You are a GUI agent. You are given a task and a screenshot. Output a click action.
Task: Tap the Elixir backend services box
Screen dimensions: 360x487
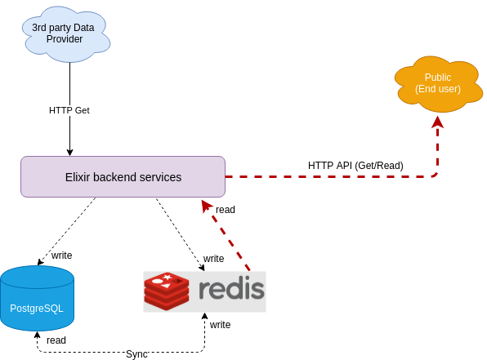click(x=123, y=176)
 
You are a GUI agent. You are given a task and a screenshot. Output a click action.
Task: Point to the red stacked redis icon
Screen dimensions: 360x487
click(x=167, y=290)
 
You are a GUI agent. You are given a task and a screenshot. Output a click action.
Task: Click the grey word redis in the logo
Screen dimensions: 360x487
click(x=231, y=290)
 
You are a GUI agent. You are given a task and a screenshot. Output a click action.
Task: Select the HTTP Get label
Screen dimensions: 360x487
click(x=69, y=110)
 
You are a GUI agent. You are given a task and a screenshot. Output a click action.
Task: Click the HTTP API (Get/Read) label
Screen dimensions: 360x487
click(x=355, y=165)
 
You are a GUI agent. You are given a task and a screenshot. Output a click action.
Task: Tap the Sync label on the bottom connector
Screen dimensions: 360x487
click(x=136, y=354)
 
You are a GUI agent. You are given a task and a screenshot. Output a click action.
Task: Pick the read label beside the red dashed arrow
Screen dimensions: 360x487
click(x=226, y=210)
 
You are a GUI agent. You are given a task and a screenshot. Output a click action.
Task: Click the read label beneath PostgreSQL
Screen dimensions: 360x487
click(x=56, y=340)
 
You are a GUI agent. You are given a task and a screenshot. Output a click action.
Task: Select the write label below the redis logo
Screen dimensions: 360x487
click(x=220, y=324)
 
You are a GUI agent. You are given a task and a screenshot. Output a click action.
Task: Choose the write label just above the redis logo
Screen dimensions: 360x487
click(x=214, y=258)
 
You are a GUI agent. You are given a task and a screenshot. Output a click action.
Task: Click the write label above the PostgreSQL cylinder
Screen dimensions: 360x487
click(x=61, y=256)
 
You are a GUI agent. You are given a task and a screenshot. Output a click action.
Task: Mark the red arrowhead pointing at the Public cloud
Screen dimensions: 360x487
click(x=437, y=122)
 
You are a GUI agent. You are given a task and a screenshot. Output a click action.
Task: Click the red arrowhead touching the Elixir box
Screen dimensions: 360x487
click(x=207, y=205)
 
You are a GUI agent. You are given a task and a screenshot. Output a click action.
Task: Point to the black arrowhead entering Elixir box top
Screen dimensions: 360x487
click(x=69, y=151)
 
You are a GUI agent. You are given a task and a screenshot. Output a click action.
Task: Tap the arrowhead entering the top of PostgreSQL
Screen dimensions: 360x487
click(x=39, y=262)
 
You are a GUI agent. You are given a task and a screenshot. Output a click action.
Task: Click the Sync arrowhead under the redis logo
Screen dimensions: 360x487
click(x=204, y=318)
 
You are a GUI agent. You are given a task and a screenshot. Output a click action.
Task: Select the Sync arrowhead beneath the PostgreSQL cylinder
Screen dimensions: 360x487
click(x=37, y=335)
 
